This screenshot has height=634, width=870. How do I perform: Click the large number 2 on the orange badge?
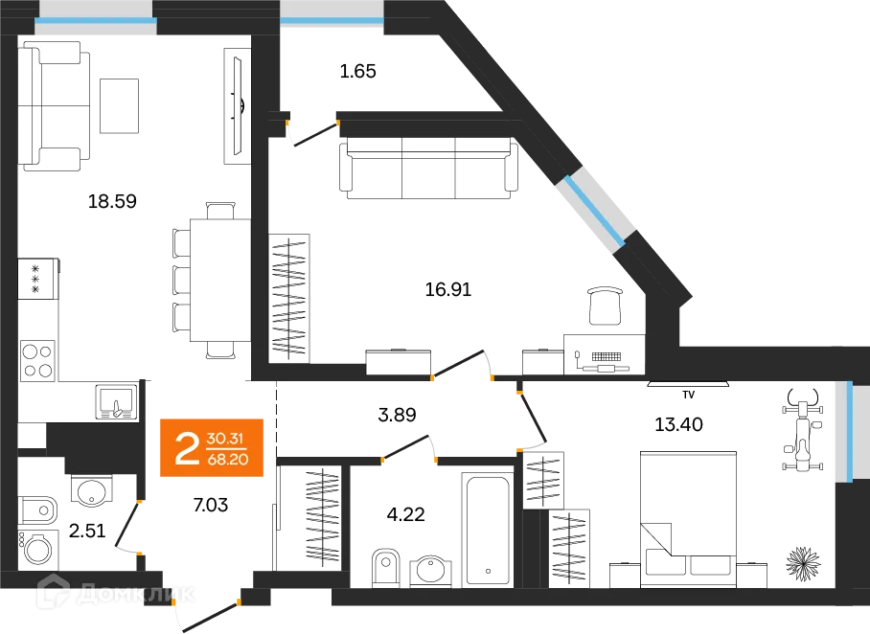(187, 447)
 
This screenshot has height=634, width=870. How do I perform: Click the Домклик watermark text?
(139, 595)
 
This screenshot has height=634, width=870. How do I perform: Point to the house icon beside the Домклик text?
(53, 592)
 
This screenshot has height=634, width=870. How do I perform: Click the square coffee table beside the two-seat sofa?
(124, 106)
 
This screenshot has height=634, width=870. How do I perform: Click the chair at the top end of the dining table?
(220, 207)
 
